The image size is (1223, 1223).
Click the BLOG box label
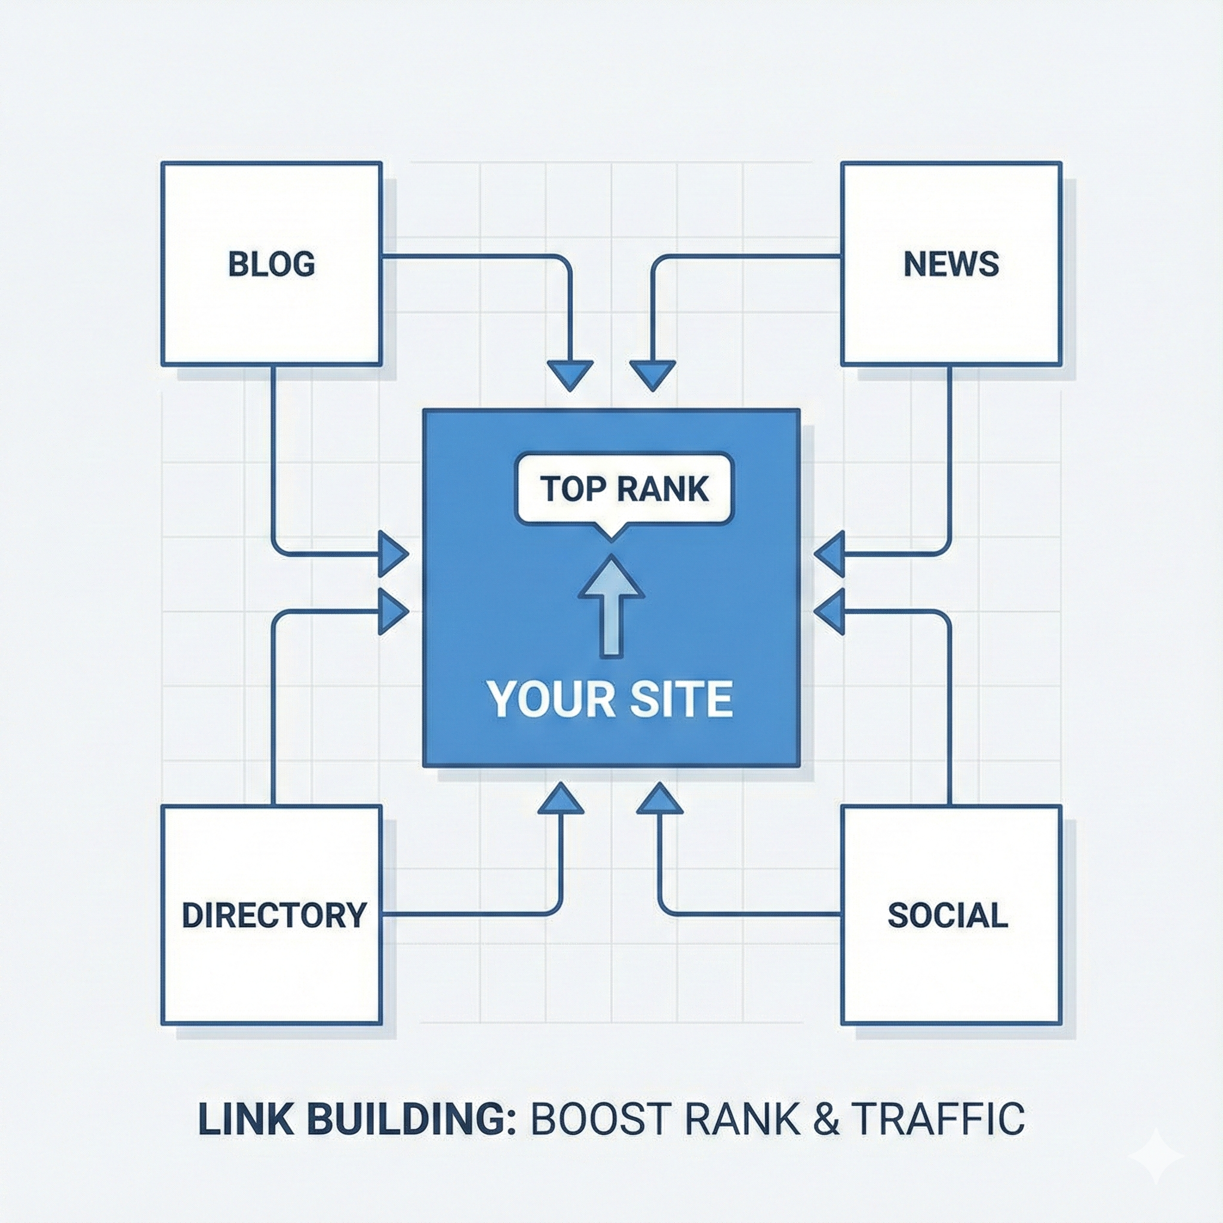tap(271, 264)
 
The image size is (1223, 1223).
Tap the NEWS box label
tap(951, 264)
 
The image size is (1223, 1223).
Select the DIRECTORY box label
tap(274, 915)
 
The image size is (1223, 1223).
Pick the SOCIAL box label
tap(948, 915)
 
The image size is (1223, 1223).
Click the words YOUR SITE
tap(610, 699)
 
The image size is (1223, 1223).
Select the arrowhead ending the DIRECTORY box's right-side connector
tap(560, 800)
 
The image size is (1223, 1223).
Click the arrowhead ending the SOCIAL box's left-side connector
tap(660, 800)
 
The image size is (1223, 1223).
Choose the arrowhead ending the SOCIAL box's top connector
tap(830, 611)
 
